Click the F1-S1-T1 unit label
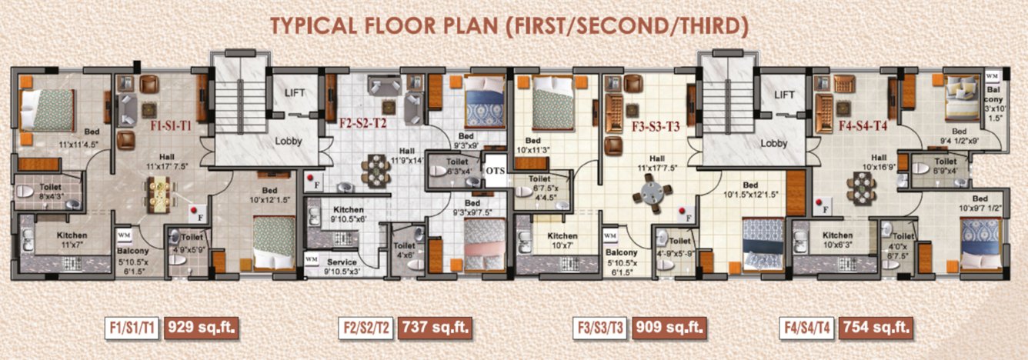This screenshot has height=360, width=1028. pyautogui.click(x=171, y=125)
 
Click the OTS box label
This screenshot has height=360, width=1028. pyautogui.click(x=494, y=171)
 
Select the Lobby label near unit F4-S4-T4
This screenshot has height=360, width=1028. pyautogui.click(x=773, y=143)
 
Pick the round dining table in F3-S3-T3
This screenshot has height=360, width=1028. pyautogui.click(x=651, y=192)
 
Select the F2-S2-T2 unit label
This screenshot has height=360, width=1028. pyautogui.click(x=362, y=121)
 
